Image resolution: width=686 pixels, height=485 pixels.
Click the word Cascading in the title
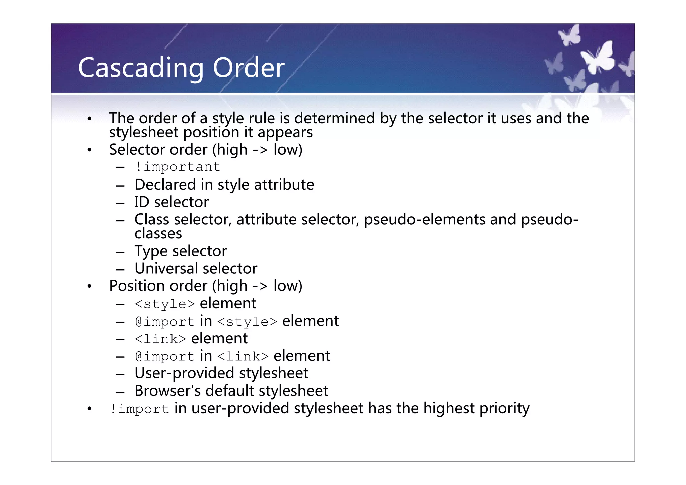coord(141,68)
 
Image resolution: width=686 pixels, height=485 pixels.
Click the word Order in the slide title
coord(249,68)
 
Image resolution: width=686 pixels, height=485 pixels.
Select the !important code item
coord(178,167)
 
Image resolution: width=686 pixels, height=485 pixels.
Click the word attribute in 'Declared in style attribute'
coord(284,185)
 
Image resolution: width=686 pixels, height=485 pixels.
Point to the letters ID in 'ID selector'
coord(142,202)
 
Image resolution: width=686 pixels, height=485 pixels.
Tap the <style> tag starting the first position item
coord(164,304)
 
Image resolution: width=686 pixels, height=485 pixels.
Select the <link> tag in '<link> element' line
coord(160,339)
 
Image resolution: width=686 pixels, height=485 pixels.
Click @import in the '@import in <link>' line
coord(164,356)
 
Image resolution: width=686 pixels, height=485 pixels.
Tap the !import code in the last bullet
coord(139,409)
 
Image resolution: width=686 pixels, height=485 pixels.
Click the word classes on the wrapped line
coord(158,233)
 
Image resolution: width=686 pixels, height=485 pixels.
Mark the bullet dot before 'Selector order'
coord(89,150)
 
